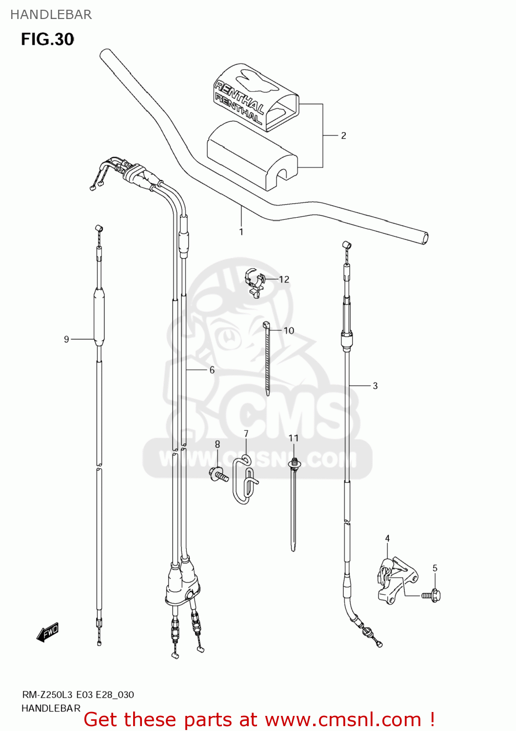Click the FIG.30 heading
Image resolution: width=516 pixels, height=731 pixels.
pos(47,39)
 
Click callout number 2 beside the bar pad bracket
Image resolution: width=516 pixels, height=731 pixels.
pos(343,135)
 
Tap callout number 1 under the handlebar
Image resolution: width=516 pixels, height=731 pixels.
pos(241,232)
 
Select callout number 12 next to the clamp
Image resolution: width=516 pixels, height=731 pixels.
pos(284,279)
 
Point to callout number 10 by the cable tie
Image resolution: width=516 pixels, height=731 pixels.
pos(289,330)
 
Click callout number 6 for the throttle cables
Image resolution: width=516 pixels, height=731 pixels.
pos(212,370)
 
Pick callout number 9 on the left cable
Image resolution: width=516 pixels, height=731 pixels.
pos(66,339)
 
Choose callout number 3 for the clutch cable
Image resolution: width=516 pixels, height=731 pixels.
pos(375,386)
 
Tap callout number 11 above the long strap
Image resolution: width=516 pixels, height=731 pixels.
pos(293,438)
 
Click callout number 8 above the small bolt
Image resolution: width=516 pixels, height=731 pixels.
pos(218,444)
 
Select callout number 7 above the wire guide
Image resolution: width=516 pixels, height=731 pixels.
pos(246,433)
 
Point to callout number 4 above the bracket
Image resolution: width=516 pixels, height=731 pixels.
pos(387,539)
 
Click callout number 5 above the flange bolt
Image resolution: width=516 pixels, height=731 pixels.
pos(435,568)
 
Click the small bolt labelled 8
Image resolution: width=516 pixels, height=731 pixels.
pos(219,474)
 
